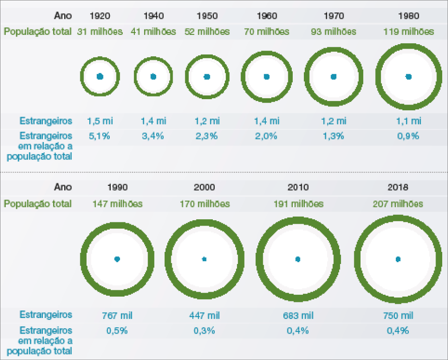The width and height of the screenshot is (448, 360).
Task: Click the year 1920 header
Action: tap(100, 16)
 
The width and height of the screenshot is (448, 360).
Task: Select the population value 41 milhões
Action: tap(153, 32)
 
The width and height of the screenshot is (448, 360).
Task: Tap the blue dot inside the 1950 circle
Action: tap(207, 76)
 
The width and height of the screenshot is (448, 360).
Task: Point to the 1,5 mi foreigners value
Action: tap(100, 121)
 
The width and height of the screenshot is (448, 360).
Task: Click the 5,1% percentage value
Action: tap(100, 136)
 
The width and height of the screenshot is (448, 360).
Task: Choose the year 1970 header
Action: tap(333, 16)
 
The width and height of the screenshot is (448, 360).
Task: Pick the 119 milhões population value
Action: tap(408, 32)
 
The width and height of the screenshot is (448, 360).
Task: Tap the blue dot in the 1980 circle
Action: tap(408, 76)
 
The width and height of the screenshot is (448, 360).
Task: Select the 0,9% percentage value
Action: tap(408, 136)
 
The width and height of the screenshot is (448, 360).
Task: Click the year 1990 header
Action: tap(117, 187)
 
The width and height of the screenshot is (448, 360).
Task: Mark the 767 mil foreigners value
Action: tap(117, 315)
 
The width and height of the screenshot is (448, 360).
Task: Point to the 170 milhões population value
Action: tap(204, 204)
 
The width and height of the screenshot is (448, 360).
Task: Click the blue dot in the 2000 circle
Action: tap(204, 259)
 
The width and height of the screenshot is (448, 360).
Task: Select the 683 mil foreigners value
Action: tap(298, 315)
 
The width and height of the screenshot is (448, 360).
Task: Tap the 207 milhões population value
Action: tap(398, 204)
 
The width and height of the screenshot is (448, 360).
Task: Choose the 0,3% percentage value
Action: tap(204, 331)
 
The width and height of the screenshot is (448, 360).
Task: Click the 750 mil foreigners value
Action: tap(398, 315)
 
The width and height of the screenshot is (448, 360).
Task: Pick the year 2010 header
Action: tap(298, 187)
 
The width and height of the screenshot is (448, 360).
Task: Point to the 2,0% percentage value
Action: tap(266, 136)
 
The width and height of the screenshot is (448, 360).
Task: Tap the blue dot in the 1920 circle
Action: tap(100, 76)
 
